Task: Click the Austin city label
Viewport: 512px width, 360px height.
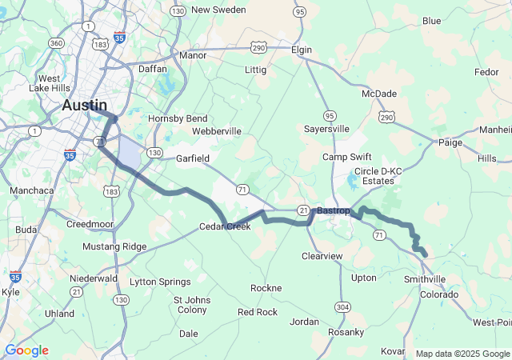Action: coord(85,105)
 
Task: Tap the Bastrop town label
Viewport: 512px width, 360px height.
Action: coord(333,210)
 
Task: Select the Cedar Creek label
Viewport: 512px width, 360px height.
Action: coord(225,226)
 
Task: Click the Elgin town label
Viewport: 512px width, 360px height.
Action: coord(301,50)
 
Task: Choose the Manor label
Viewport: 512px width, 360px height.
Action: coord(193,55)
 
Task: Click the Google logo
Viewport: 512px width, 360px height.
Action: coord(26,350)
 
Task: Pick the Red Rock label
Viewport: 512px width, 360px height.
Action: coord(258,312)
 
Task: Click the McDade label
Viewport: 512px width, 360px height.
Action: coord(379,94)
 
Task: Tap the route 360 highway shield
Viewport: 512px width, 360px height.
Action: coord(56,42)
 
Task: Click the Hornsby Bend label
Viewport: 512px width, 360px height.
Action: coord(178,118)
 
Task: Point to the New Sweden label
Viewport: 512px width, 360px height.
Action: coord(218,10)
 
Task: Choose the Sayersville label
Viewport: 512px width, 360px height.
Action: coord(326,128)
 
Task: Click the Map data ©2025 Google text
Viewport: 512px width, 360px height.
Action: coord(462,354)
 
